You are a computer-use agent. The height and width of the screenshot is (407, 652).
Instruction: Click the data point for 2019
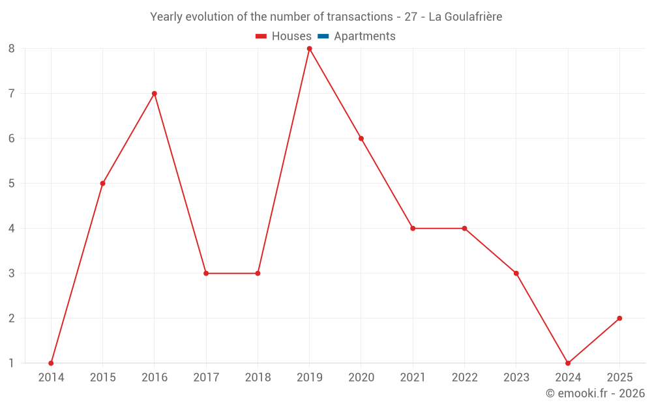(309, 48)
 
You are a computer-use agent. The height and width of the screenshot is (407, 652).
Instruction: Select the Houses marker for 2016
(155, 93)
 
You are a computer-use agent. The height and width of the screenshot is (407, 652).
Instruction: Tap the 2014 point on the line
(51, 363)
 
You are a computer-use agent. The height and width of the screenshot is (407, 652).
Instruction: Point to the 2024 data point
(568, 363)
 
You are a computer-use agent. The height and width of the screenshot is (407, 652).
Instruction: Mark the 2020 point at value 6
(361, 138)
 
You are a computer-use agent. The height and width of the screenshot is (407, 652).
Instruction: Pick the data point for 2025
(619, 318)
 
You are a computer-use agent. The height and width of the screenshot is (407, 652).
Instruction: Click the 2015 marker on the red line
(102, 183)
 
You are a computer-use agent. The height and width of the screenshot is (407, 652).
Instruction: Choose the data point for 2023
(516, 273)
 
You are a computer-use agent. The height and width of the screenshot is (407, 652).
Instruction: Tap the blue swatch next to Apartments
(323, 36)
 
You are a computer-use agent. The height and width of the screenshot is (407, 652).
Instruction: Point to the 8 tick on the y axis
(12, 48)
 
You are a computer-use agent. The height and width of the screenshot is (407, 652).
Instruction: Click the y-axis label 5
(12, 183)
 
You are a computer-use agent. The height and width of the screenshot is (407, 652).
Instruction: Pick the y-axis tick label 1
(12, 363)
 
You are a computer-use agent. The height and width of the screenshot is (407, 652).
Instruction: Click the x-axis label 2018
(258, 378)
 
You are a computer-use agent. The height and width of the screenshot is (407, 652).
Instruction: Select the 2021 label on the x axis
(413, 378)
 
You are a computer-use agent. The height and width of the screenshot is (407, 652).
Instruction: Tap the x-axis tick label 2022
(464, 378)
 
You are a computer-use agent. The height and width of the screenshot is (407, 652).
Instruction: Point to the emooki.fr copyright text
(595, 393)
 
